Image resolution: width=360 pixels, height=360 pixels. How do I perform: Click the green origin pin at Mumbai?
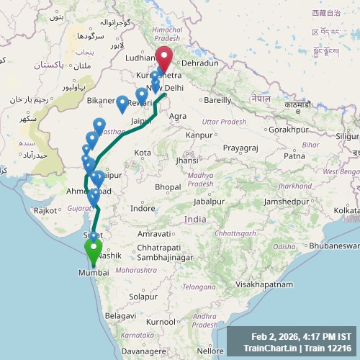93,251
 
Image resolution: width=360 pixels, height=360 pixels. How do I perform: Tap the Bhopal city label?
167,187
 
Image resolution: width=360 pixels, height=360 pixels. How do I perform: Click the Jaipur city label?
141,122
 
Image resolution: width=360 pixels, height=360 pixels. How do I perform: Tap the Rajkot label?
45,210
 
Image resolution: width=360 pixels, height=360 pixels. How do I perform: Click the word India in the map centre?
194,219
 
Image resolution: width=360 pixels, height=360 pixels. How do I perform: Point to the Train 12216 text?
330,348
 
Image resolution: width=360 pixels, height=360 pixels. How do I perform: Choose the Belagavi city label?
120,315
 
